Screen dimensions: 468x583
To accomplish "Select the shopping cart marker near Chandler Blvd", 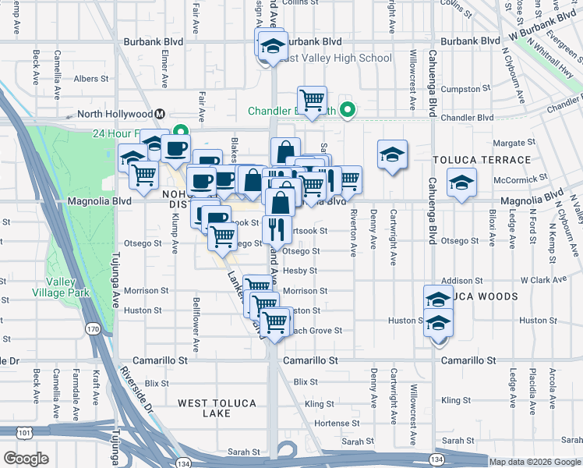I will [312, 100].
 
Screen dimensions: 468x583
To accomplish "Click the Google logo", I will [26, 458].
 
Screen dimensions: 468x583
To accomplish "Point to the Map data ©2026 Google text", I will [534, 462].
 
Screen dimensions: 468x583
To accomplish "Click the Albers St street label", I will [91, 79].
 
